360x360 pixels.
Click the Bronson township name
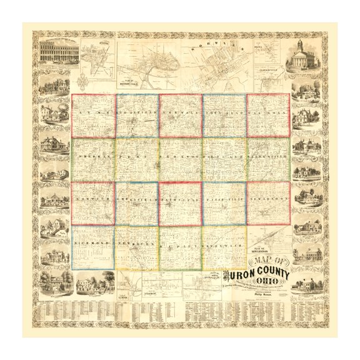(180, 152)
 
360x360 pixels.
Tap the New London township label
(268, 196)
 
